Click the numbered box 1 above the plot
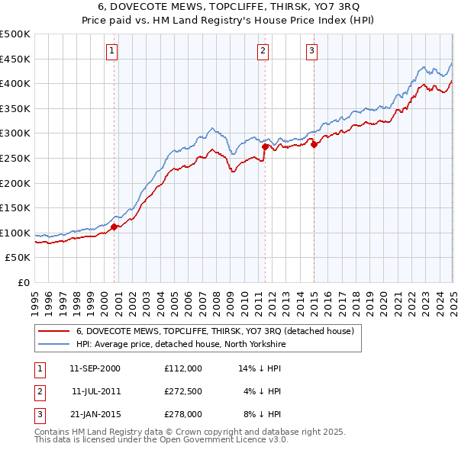pos(111,51)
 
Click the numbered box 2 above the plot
pos(263,51)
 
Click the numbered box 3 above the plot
pos(312,51)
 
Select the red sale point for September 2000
pos(114,227)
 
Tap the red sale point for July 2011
pos(265,146)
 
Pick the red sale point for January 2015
pos(314,144)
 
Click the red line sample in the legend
pos(53,332)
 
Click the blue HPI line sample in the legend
pos(53,344)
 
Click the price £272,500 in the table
pos(182,391)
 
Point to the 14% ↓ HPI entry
pos(260,368)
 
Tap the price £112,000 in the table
pos(182,368)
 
